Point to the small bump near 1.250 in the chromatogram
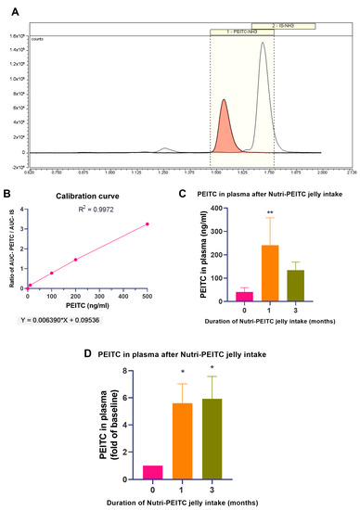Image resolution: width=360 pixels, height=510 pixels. tap(164, 148)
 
